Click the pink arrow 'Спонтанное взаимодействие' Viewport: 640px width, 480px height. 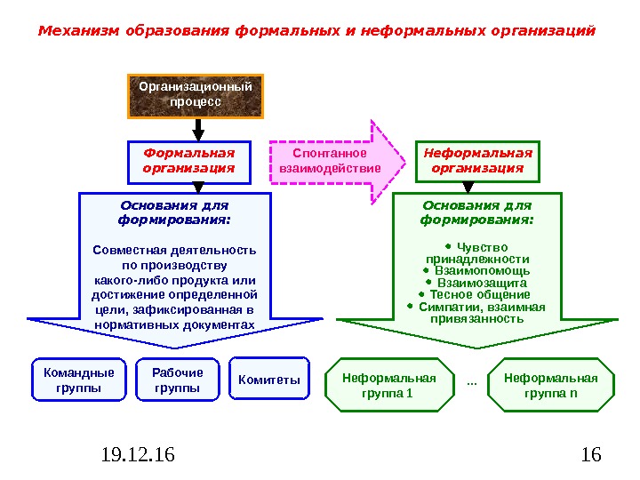(x=331, y=160)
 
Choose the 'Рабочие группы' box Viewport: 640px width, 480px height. (x=178, y=380)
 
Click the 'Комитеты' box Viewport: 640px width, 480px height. (x=269, y=380)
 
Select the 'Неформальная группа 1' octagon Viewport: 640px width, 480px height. (x=389, y=385)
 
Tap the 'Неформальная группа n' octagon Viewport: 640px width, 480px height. (x=551, y=385)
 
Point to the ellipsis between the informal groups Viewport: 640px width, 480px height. (x=471, y=381)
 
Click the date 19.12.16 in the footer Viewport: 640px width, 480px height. (x=138, y=456)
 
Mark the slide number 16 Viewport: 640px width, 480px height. (x=590, y=456)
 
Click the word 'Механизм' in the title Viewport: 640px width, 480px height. (x=78, y=31)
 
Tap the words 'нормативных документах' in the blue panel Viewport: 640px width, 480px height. (x=174, y=325)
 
